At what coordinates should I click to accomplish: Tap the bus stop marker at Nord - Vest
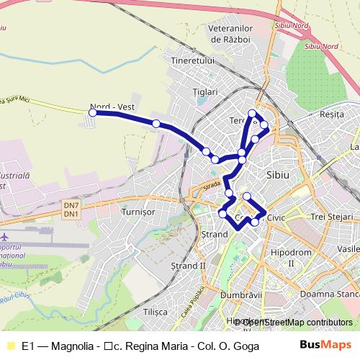pos(92,112)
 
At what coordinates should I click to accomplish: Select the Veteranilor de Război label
pos(228,32)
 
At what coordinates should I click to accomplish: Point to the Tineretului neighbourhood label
pos(193,61)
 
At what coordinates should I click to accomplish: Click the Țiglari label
pos(204,92)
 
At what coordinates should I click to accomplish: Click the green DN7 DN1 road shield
pos(71,209)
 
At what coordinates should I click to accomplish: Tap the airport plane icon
pos(6,237)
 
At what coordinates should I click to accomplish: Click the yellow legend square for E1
pos(9,345)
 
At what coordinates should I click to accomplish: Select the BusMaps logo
pos(330,344)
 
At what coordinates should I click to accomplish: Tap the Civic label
pos(276,217)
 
